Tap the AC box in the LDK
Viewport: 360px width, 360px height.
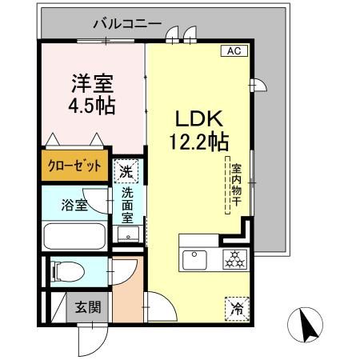[x=234, y=50]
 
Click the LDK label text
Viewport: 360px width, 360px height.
[x=198, y=120]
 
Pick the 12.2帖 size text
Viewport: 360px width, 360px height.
[x=198, y=142]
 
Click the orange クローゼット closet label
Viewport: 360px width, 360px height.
[x=73, y=167]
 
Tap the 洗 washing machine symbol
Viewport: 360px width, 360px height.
[x=125, y=170]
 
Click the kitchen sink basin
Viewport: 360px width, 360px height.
[x=196, y=259]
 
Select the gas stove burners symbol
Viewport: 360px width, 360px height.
[x=234, y=258]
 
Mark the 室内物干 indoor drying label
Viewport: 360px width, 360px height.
[x=237, y=188]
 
